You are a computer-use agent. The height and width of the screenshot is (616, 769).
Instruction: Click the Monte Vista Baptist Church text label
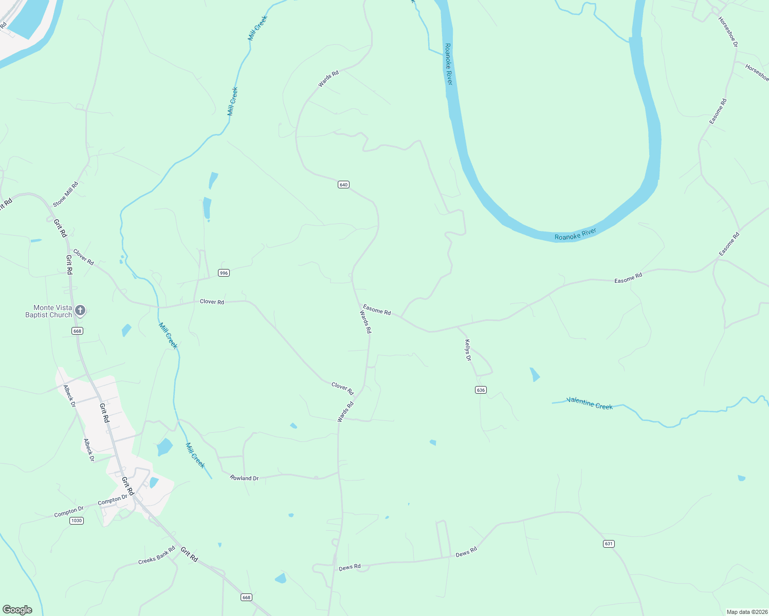point(48,312)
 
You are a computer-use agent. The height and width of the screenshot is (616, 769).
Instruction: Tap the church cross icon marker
point(80,310)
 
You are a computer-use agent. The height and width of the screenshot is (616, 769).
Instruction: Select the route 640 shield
point(343,185)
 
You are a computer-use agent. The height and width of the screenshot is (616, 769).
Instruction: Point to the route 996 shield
point(224,273)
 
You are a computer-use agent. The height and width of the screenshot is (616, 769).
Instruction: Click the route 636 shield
point(481,390)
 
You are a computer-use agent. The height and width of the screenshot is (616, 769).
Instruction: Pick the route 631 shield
point(609,544)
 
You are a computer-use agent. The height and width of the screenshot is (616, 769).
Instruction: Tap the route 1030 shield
point(76,521)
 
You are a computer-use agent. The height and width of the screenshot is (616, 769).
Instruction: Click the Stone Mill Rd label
point(66,194)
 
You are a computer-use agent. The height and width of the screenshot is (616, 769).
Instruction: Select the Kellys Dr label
point(468,350)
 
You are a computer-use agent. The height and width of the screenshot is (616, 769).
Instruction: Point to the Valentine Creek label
point(590,403)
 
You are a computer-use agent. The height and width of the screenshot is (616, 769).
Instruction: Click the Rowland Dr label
point(244,478)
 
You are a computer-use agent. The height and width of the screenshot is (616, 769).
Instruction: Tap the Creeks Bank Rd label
point(157,555)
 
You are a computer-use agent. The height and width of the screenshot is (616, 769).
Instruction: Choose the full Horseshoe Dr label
point(728,32)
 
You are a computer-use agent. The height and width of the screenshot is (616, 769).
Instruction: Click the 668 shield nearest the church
point(77,331)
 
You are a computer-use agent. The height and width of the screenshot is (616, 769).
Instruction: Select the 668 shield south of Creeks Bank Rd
point(246,597)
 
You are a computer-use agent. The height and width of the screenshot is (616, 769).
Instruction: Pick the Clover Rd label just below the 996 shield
point(212,302)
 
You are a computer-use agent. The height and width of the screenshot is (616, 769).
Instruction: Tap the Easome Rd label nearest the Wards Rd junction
point(377,310)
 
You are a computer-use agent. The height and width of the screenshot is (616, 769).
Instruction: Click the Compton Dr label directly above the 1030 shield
point(69,511)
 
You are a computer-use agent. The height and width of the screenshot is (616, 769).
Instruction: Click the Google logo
point(17,609)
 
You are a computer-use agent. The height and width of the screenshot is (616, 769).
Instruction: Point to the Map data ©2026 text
point(745,612)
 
